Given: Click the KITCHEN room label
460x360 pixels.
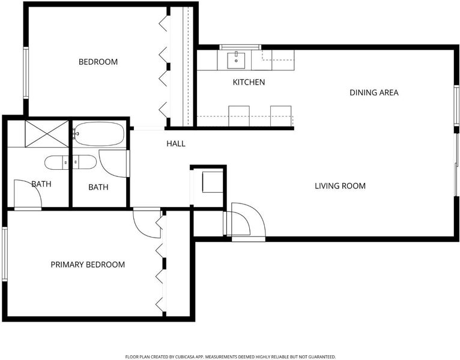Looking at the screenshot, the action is click(249, 82).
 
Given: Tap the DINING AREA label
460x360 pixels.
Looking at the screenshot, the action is click(374, 92).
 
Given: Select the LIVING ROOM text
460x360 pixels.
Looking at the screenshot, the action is click(340, 186).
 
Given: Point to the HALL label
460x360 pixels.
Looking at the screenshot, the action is click(176, 143).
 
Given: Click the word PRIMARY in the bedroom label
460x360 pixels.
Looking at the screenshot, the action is click(68, 265).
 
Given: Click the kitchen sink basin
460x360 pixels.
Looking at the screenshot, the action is click(236, 60).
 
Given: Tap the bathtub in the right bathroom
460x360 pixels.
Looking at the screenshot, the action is click(98, 134).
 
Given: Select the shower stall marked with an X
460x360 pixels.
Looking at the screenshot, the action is click(47, 134).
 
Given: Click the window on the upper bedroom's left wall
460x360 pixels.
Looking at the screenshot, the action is click(26, 73).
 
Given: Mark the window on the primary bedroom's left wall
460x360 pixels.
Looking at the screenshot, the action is click(5, 254).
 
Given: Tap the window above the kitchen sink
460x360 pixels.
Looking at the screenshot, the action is click(240, 47).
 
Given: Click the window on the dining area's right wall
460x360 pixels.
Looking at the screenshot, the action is click(456, 106).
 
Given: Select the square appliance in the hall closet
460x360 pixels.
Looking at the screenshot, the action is click(213, 182).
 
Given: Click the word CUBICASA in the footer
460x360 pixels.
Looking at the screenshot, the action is click(186, 357).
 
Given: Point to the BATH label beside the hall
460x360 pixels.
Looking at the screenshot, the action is click(98, 187).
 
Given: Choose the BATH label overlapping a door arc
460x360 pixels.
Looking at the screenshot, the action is click(41, 184).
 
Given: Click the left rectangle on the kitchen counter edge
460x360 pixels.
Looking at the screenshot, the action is click(239, 116).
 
